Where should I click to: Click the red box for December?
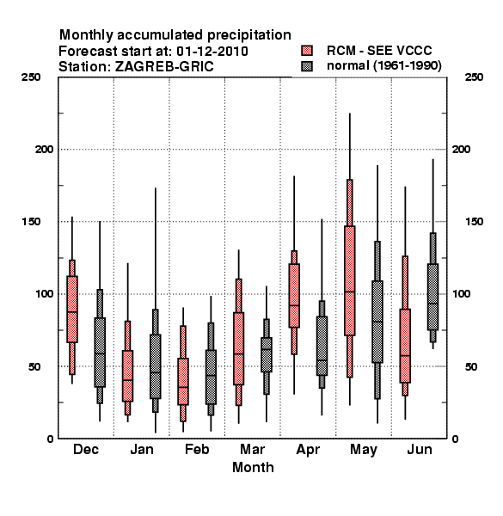[72, 310]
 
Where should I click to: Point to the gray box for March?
[267, 354]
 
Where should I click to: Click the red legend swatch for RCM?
[307, 51]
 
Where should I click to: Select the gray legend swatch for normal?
[307, 66]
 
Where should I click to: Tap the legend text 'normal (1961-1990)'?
[383, 66]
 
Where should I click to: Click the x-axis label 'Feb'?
[197, 449]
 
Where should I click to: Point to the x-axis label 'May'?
[364, 450]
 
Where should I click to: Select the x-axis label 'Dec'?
[86, 449]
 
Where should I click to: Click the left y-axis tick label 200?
[44, 149]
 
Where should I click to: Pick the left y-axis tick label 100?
[44, 293]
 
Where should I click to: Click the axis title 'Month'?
[253, 467]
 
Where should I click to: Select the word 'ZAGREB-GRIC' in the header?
[164, 66]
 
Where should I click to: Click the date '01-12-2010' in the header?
[212, 51]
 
